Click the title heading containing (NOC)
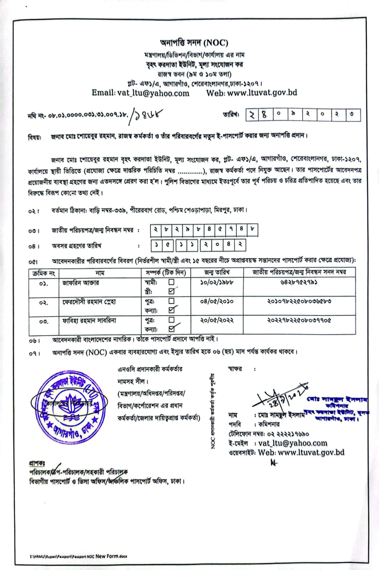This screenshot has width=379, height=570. tap(194, 43)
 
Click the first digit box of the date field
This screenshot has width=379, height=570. tap(252, 115)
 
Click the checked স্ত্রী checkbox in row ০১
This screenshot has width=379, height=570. tap(172, 291)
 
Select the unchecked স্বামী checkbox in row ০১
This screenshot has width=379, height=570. tap(172, 282)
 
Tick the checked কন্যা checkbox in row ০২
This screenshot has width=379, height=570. tap(172, 310)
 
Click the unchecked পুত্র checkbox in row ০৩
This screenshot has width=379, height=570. tap(172, 320)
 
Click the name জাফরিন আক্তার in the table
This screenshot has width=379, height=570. tap(81, 283)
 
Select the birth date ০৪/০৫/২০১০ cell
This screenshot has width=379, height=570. tap(217, 301)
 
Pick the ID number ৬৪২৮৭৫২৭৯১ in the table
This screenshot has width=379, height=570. tap(299, 283)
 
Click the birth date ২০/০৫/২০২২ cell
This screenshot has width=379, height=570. tap(217, 320)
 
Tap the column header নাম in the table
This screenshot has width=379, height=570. tap(100, 273)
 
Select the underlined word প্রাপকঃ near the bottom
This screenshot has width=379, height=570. tap(37, 463)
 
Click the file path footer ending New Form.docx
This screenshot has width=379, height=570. tap(78, 556)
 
